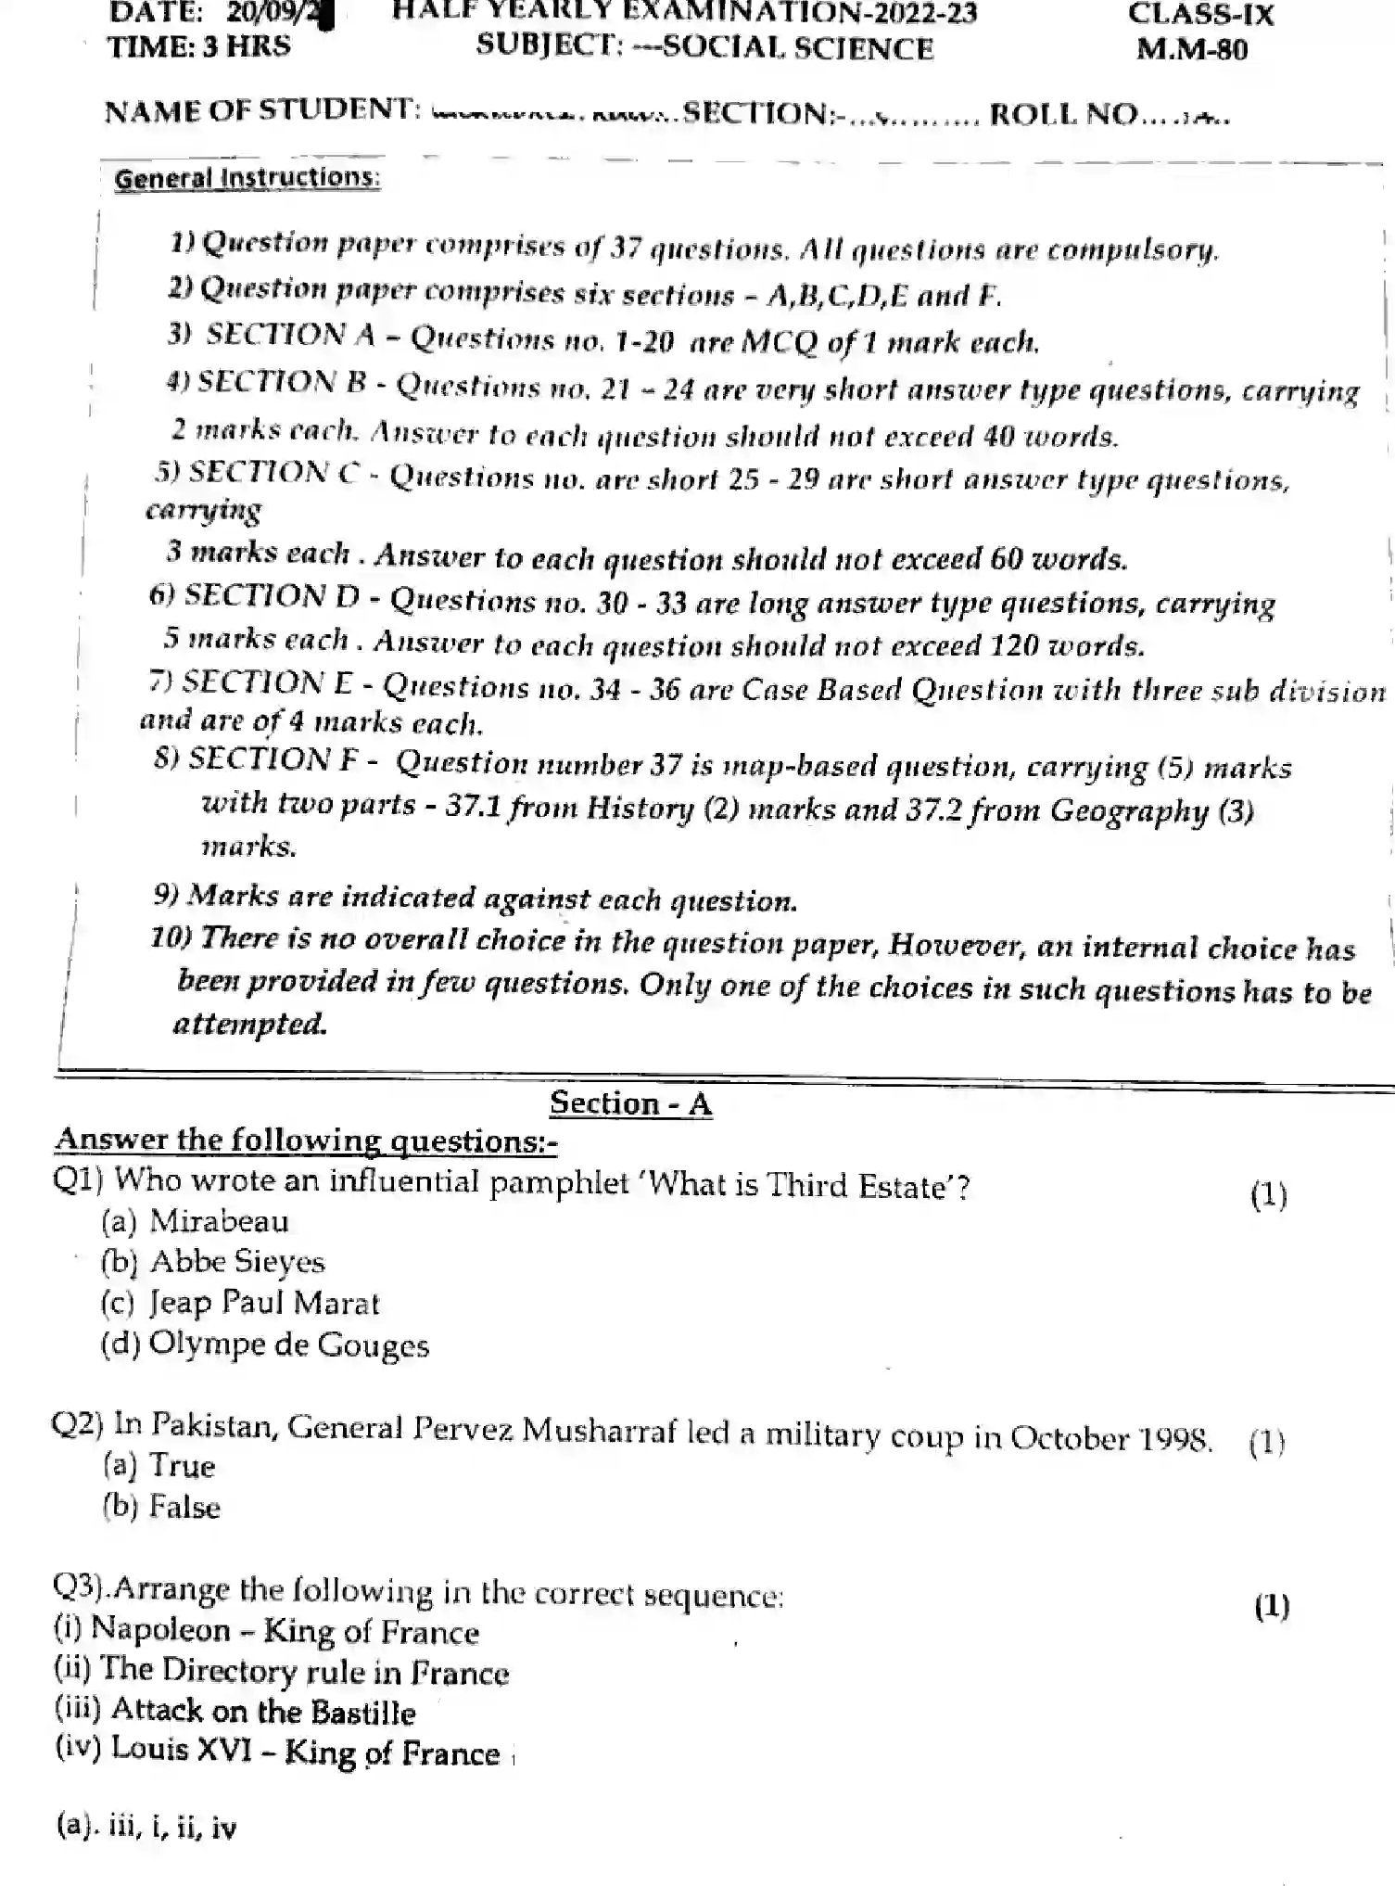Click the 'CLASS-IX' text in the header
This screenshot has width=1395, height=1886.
1200,14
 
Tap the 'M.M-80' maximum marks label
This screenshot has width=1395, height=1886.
1192,49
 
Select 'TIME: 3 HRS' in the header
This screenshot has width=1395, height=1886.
198,46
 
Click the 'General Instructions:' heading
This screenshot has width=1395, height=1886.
247,178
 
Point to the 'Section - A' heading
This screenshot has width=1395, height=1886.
630,1103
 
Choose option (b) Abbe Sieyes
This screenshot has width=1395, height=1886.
213,1262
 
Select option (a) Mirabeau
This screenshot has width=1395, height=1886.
195,1221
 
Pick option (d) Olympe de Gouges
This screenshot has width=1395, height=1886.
265,1344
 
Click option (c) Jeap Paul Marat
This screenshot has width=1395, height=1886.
240,1303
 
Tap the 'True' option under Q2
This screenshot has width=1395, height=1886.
159,1466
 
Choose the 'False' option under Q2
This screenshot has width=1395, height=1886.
162,1507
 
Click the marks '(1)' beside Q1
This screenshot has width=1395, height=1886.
1268,1194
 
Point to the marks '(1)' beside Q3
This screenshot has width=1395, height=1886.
1271,1605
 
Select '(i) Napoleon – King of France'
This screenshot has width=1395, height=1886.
266,1631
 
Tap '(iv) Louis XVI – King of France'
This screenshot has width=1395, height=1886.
277,1752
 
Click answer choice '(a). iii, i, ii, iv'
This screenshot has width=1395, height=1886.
146,1827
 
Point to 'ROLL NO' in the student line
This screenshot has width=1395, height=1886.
1063,113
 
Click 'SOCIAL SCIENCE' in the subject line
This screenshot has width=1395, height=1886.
798,47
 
